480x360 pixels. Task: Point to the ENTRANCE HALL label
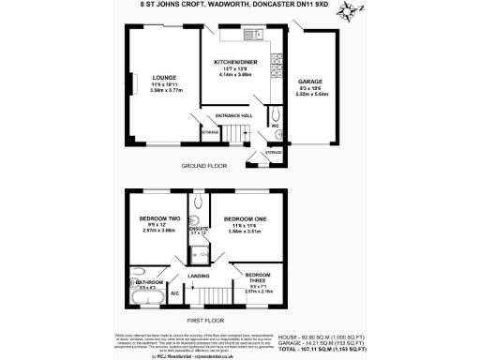(x=234, y=115)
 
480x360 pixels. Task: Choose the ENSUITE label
(x=198, y=227)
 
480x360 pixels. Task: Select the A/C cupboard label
(x=174, y=294)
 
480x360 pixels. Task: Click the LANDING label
(x=198, y=277)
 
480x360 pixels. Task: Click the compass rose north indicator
(x=350, y=12)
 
